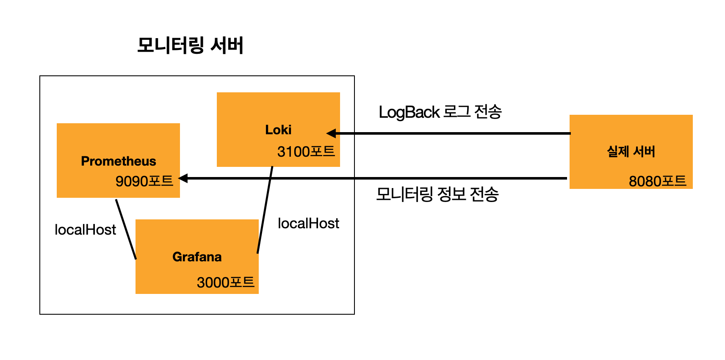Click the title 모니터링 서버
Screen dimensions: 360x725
190,45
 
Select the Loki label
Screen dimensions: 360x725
278,130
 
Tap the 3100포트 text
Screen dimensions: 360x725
306,151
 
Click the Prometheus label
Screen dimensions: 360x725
119,161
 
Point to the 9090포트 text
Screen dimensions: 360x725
144,181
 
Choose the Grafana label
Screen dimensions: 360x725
197,257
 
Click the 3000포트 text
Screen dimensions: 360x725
225,282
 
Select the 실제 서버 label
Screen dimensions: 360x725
631,151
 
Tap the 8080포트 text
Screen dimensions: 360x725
657,181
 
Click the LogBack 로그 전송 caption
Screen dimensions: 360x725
440,112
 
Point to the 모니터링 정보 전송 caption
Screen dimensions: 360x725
437,194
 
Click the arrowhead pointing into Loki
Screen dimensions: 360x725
332,133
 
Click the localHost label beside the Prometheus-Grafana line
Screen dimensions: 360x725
85,230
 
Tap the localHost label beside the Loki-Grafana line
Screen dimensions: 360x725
308,223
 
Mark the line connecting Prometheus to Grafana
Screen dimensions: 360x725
126,229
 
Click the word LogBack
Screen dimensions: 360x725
409,112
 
